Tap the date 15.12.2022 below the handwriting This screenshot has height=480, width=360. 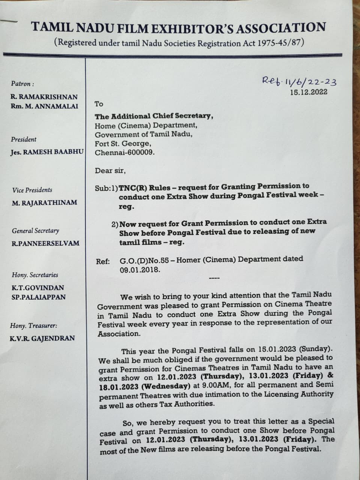click(308, 92)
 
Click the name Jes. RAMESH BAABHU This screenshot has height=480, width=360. click(47, 153)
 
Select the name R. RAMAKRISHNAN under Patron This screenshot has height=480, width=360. click(44, 97)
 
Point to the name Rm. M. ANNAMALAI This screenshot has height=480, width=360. click(44, 106)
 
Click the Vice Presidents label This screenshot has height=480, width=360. click(32, 190)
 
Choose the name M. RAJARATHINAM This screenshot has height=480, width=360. click(44, 202)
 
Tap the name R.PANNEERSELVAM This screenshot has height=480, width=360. click(45, 243)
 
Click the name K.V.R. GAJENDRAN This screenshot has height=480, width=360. click(42, 338)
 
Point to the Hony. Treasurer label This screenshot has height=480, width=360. click(34, 326)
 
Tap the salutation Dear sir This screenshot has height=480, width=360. click(110, 171)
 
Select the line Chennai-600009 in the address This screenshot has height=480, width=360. click(124, 153)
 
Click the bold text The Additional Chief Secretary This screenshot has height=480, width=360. click(154, 116)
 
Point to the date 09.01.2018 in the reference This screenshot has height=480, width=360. click(140, 270)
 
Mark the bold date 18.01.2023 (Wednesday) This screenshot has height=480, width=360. click(144, 386)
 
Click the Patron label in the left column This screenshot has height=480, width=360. click(22, 84)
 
